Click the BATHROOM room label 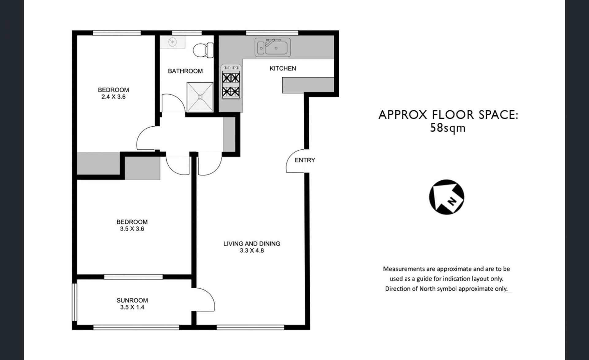tap(185, 71)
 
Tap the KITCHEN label tap(283, 68)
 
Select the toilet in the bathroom tap(203, 50)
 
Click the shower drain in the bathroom tap(200, 97)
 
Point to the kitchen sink tap(272, 47)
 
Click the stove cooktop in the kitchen tap(231, 82)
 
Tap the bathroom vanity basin tap(173, 41)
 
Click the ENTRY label tap(305, 160)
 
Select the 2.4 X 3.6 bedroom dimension tap(114, 97)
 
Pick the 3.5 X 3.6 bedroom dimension tap(132, 229)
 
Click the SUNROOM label tap(132, 301)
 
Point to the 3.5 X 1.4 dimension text tap(132, 307)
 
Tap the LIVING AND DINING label tap(252, 244)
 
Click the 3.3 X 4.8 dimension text tap(252, 251)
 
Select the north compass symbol tap(447, 197)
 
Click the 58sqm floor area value tap(448, 128)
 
